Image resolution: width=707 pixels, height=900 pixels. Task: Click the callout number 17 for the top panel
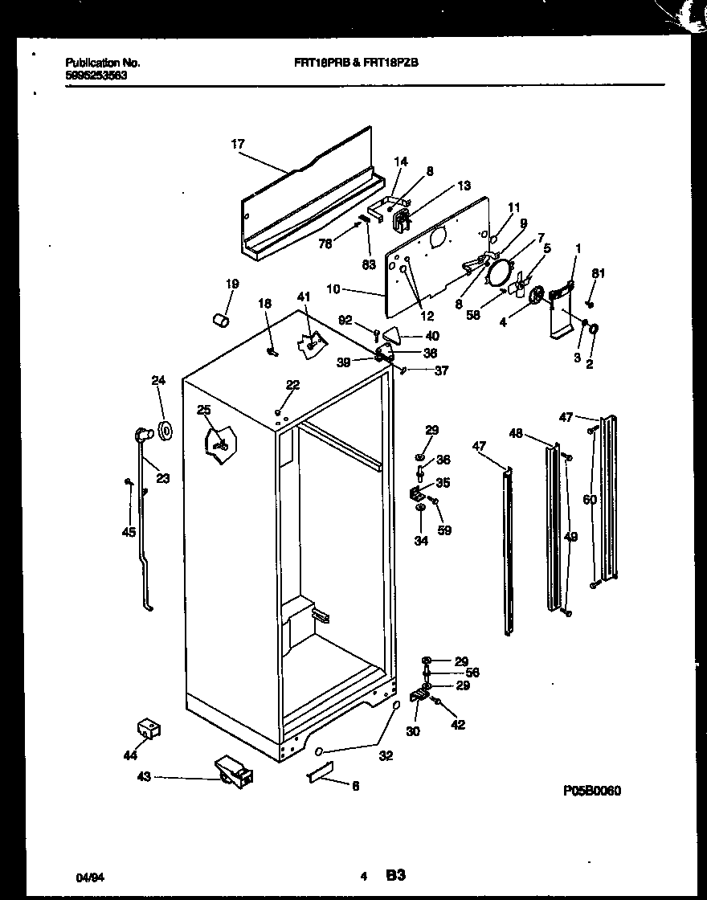click(238, 145)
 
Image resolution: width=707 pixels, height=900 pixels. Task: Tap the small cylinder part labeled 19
click(220, 321)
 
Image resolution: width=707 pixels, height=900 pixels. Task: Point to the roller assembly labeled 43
click(234, 772)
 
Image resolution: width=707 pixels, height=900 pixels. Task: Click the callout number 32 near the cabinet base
click(386, 755)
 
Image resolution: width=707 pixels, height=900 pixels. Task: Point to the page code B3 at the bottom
click(394, 875)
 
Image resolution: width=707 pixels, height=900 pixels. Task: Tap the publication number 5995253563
click(95, 76)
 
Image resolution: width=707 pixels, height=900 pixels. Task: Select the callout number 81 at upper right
click(597, 274)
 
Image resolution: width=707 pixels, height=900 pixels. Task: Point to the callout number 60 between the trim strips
click(590, 500)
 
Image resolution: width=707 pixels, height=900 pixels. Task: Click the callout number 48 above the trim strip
click(517, 434)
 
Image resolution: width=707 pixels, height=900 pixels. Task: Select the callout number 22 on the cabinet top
click(292, 385)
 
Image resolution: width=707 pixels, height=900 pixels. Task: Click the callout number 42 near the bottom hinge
click(457, 725)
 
